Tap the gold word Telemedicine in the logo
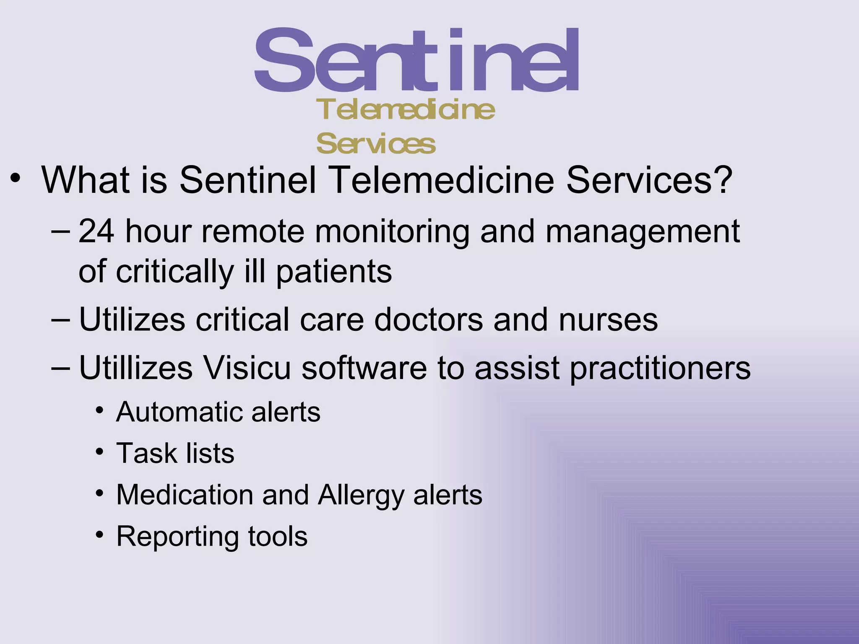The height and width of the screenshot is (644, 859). click(406, 110)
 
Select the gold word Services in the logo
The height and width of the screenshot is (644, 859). click(376, 144)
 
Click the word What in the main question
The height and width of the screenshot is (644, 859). click(86, 180)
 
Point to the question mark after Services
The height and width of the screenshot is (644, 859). click(722, 180)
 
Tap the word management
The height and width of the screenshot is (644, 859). click(643, 232)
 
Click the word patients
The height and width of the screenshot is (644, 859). click(334, 272)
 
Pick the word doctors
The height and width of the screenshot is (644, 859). click(428, 319)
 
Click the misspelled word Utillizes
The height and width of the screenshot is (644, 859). click(136, 368)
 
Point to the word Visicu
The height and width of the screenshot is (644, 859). click(247, 368)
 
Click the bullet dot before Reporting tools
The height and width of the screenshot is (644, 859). click(99, 535)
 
